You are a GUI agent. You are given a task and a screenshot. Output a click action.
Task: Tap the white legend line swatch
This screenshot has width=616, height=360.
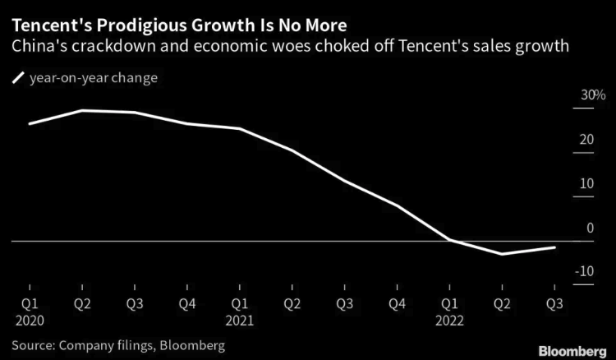click(x=17, y=78)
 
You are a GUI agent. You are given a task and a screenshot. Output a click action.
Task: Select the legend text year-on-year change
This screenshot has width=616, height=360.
click(x=93, y=78)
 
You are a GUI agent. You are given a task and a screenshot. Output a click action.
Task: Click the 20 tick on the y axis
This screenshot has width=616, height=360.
click(x=586, y=141)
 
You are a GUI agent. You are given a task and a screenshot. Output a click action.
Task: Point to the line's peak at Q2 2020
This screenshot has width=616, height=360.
click(x=82, y=110)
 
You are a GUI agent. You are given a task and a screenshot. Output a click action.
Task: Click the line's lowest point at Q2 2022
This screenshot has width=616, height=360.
click(x=502, y=254)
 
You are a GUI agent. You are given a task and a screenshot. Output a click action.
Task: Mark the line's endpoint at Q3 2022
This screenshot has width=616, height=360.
click(x=554, y=247)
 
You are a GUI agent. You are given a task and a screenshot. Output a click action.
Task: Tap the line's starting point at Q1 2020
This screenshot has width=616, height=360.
click(x=30, y=123)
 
